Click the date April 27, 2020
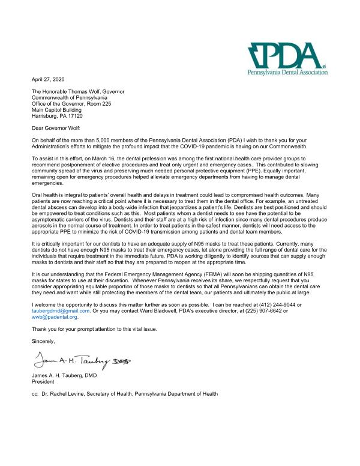click(49, 79)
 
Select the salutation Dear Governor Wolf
click(56, 128)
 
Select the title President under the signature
click(43, 381)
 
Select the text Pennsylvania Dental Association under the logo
click(287, 71)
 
